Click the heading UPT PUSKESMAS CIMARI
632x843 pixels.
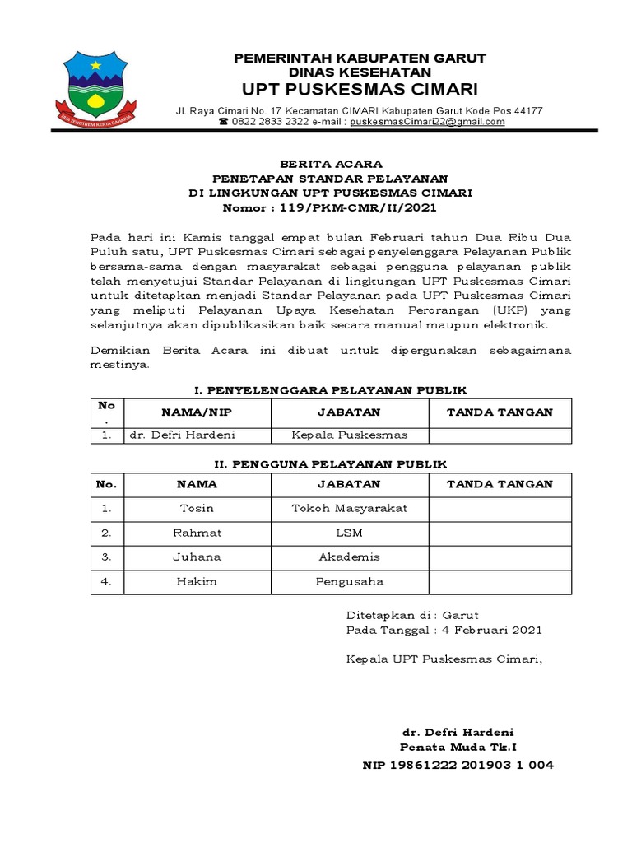[360, 89]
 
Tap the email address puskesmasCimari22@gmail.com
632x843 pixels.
[427, 122]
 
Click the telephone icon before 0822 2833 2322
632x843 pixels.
[223, 122]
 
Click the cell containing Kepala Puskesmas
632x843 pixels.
[349, 435]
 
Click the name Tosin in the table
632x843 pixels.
[196, 508]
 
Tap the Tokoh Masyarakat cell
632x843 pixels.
[349, 508]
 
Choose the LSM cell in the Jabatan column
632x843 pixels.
[349, 533]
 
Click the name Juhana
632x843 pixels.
[196, 557]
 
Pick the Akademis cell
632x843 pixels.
[349, 557]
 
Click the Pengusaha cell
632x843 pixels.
[349, 582]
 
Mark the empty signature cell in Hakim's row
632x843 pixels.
[500, 582]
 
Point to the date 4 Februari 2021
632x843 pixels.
[490, 630]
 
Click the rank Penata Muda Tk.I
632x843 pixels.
[458, 748]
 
